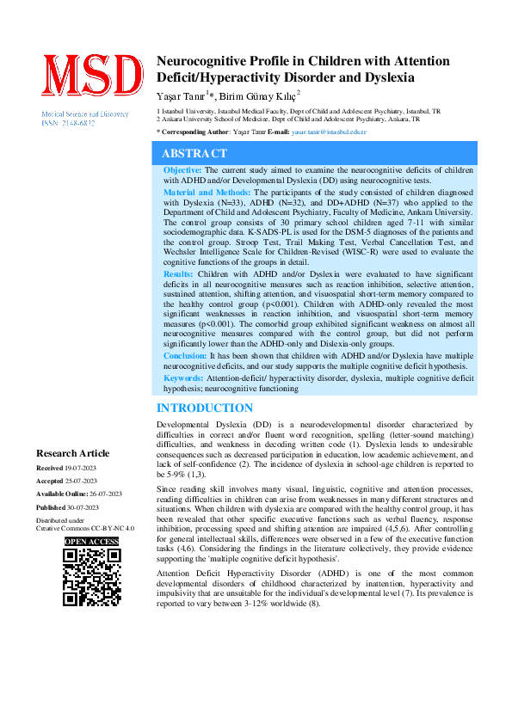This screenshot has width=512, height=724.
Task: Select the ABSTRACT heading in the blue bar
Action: point(194,153)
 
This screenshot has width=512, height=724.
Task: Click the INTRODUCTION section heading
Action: point(204,408)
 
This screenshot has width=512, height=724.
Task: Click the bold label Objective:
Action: point(183,171)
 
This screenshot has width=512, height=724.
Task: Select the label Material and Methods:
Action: point(207,193)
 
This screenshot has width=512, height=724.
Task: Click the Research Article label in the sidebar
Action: point(72,453)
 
